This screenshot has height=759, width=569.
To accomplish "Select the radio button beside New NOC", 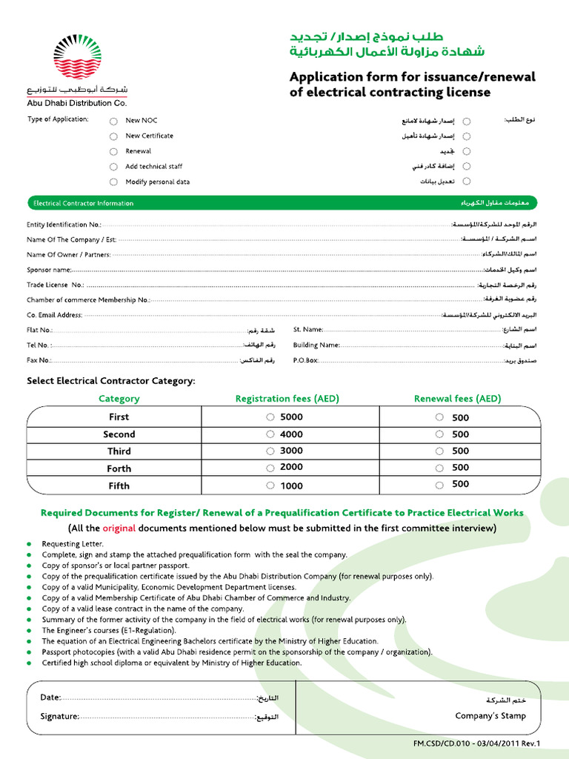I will pos(113,121).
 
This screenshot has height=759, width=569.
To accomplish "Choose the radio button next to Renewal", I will pos(113,151).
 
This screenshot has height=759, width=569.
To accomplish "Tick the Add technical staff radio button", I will pos(113,167).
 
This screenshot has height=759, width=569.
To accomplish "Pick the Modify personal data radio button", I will pos(113,182).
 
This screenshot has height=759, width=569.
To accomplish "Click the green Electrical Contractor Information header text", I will pos(83,203).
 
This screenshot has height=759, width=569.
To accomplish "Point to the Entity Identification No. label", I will pos(64,225).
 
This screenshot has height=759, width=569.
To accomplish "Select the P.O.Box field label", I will pos(305,360).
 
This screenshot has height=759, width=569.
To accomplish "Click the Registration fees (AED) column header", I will pos(287,399).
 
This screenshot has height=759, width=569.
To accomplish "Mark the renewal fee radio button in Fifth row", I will pos(440,485).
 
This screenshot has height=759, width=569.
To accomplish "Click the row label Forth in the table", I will pos(119,468).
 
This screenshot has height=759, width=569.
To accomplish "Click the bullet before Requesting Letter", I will pos(30,544).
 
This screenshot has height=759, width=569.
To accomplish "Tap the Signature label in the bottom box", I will pos(59,717).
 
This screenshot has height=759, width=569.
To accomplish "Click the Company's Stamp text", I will pos(490,716).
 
